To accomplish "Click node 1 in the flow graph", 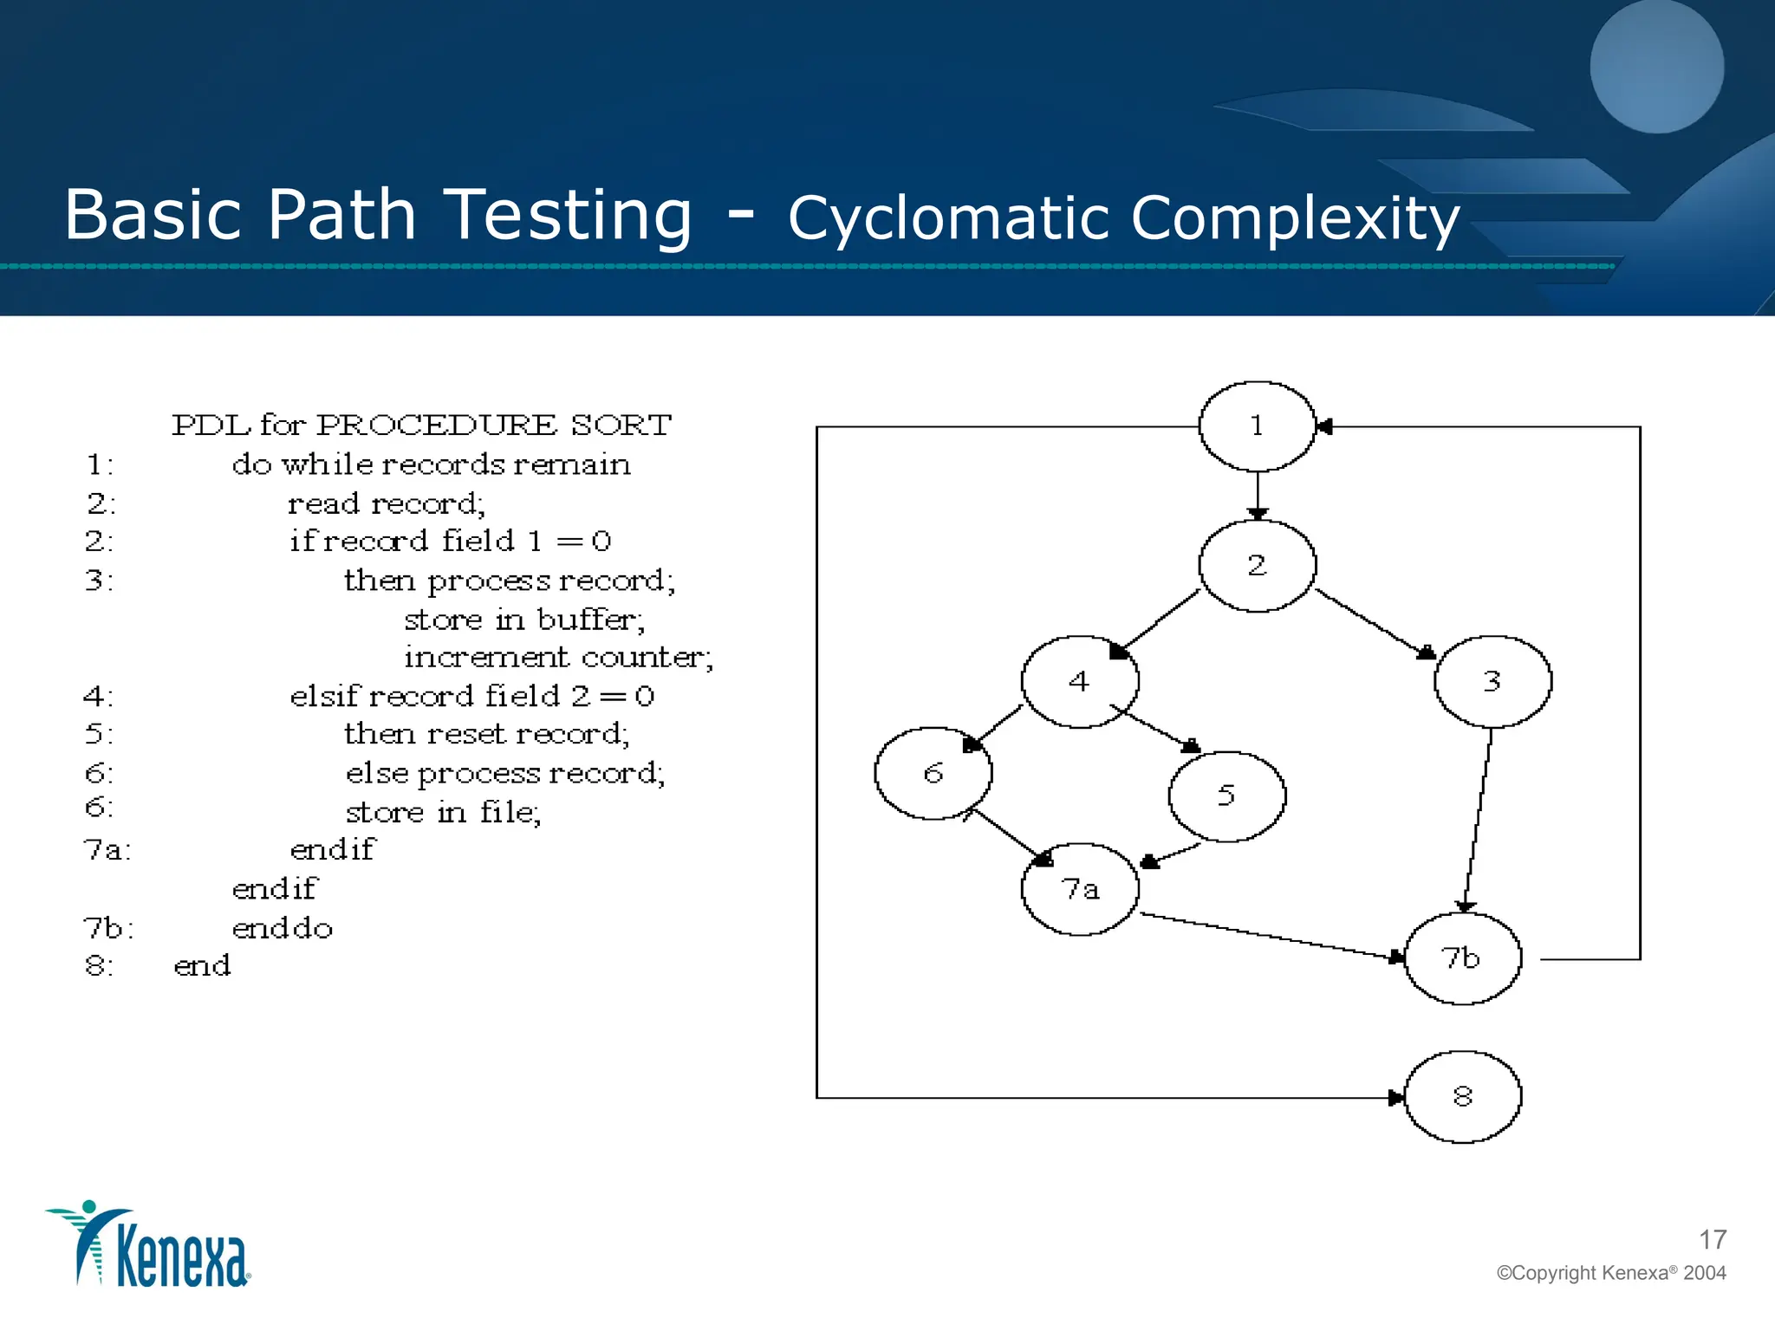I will click(x=1257, y=426).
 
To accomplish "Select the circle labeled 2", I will click(x=1257, y=566).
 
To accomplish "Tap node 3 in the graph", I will click(x=1492, y=681).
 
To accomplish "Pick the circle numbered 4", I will click(x=1079, y=682).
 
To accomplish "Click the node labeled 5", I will click(x=1226, y=795).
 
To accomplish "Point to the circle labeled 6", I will click(x=933, y=773).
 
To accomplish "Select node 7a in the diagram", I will click(x=1080, y=889).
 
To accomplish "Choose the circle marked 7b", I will click(x=1462, y=958).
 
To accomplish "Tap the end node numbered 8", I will click(x=1462, y=1097).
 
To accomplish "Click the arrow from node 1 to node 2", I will click(x=1258, y=495).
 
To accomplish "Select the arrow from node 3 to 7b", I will click(x=1479, y=819).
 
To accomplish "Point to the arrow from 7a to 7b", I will click(x=1270, y=936).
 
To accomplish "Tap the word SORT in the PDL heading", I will click(x=621, y=425).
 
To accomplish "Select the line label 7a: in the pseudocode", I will click(x=107, y=850).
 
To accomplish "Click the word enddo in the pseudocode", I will click(x=283, y=929).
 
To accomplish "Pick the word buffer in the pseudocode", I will click(x=589, y=620).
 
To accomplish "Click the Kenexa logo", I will click(x=149, y=1244).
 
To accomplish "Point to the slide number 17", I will click(x=1712, y=1240).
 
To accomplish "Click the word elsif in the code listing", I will click(x=324, y=696).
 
